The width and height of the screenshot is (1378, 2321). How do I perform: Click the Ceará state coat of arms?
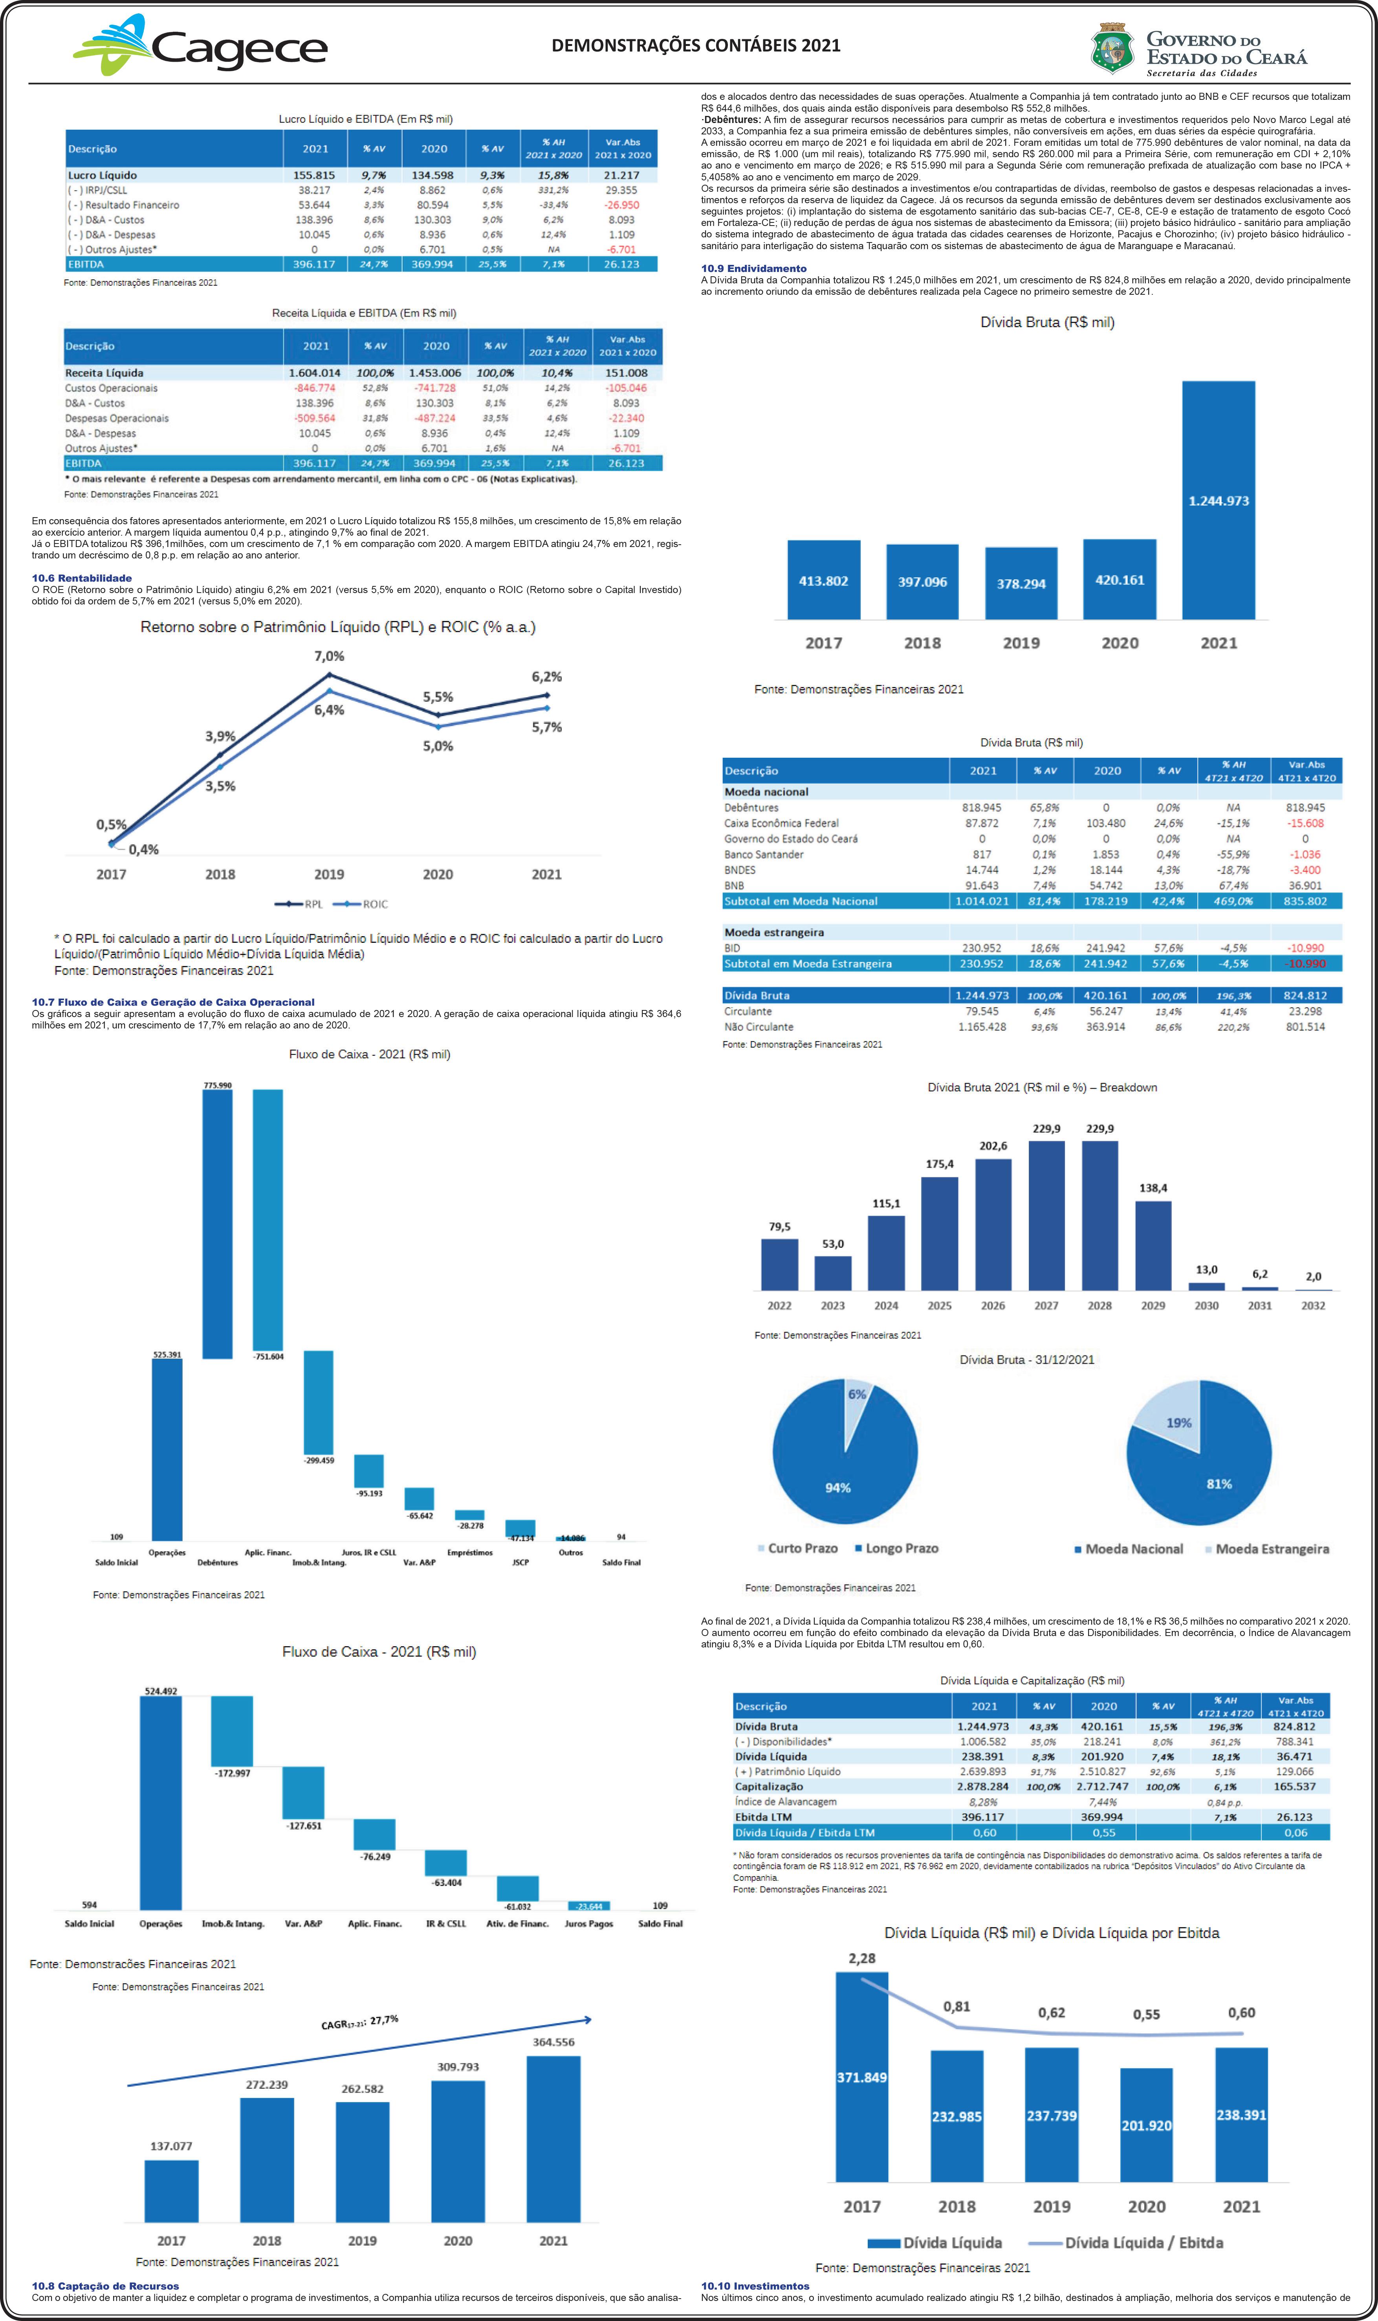pyautogui.click(x=1112, y=48)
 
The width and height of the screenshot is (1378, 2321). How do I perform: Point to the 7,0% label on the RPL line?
pyautogui.click(x=329, y=656)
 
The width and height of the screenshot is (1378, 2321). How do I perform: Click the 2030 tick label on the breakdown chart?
pyautogui.click(x=1206, y=1305)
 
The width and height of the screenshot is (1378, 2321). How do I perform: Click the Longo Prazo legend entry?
pyautogui.click(x=896, y=1548)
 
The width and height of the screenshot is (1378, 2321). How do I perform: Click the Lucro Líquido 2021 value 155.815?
pyautogui.click(x=314, y=174)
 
